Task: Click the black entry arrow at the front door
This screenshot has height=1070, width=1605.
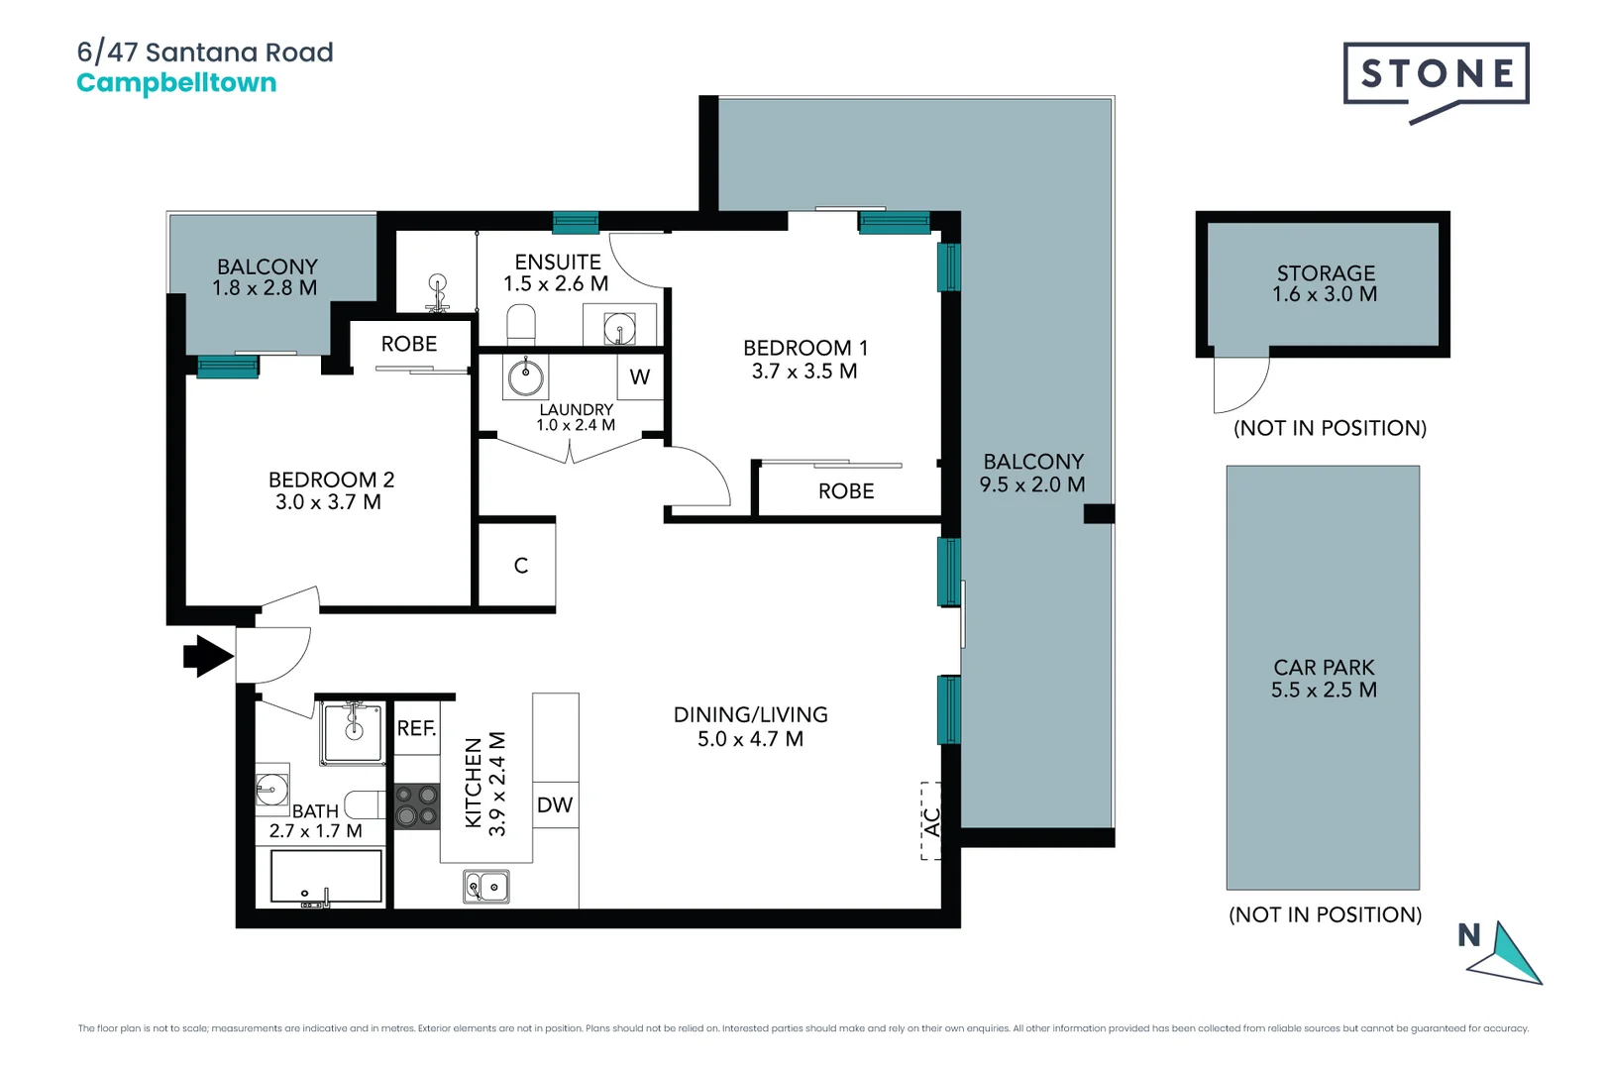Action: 208,656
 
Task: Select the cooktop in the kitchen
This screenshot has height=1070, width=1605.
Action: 417,806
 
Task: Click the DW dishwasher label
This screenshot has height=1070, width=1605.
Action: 555,804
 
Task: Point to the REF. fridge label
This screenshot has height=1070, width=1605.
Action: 416,728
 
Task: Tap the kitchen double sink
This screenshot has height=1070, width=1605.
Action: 485,887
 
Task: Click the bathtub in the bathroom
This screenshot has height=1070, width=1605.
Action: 326,877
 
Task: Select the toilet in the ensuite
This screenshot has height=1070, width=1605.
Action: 521,324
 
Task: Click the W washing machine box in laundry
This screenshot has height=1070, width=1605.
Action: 640,376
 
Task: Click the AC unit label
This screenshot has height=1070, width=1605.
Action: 931,821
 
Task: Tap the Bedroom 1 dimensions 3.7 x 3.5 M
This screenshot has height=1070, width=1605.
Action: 803,372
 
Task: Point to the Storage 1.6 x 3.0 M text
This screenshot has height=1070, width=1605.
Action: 1325,283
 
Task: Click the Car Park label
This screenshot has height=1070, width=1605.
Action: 1324,667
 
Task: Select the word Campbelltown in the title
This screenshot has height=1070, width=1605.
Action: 176,83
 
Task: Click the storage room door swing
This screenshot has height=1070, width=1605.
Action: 1241,384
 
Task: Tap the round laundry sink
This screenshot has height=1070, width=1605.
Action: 525,375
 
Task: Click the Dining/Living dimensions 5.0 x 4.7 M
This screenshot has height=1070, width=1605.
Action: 750,739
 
